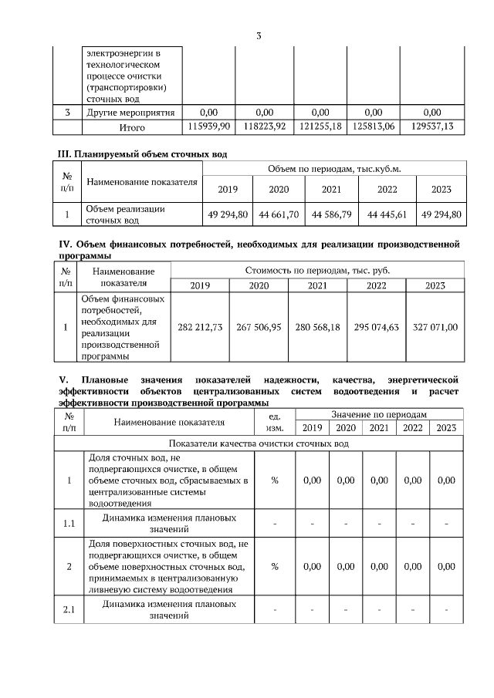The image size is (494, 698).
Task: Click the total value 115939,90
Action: [x=210, y=126]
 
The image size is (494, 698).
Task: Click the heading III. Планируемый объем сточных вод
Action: [x=143, y=154]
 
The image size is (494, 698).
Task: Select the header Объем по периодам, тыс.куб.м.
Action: [x=333, y=168]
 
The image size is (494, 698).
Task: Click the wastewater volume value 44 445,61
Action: [x=387, y=214]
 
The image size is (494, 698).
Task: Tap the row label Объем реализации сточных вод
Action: [x=124, y=214]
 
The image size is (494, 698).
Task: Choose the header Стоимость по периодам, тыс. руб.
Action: [x=318, y=271]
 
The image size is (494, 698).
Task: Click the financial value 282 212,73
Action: [x=200, y=327]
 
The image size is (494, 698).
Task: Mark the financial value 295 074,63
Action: [x=376, y=327]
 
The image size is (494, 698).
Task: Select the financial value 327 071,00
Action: [x=435, y=327]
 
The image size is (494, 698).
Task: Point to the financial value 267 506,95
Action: [x=259, y=327]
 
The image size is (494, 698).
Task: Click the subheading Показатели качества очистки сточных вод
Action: [x=259, y=444]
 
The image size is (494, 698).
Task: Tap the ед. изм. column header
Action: [x=275, y=421]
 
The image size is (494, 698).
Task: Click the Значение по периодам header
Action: [x=378, y=415]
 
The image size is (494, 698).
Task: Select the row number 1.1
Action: [x=68, y=524]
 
